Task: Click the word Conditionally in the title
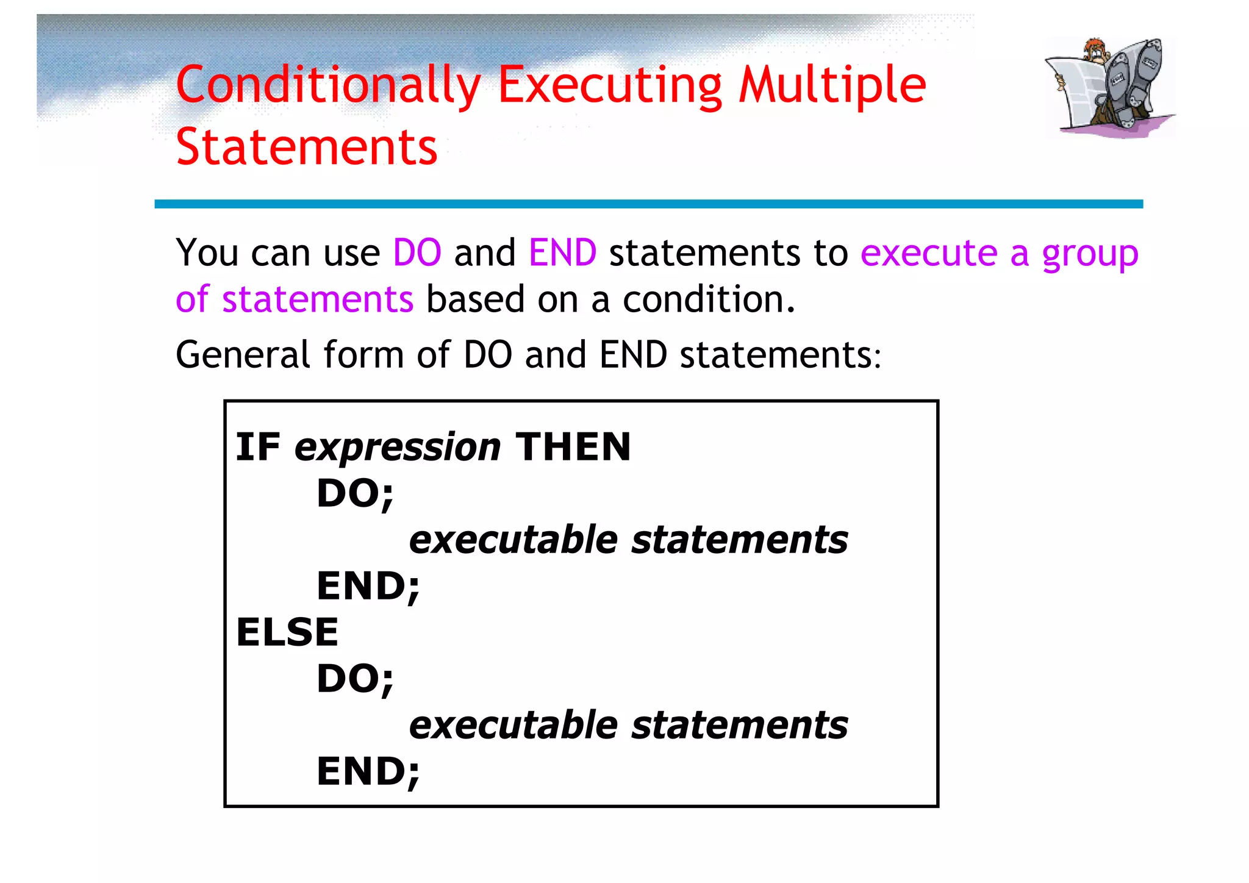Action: pyautogui.click(x=328, y=85)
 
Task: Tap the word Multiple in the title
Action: pyautogui.click(x=832, y=85)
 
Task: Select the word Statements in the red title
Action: pyautogui.click(x=306, y=148)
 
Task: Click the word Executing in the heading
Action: pyautogui.click(x=610, y=85)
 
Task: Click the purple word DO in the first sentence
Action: pyautogui.click(x=417, y=252)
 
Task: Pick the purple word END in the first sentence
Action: pyautogui.click(x=562, y=252)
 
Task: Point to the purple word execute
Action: pyautogui.click(x=928, y=252)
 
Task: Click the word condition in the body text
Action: pyautogui.click(x=707, y=299)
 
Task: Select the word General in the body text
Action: pyautogui.click(x=243, y=354)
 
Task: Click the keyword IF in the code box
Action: pyautogui.click(x=257, y=447)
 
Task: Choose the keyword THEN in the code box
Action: pyautogui.click(x=573, y=447)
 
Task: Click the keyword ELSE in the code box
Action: pyautogui.click(x=287, y=632)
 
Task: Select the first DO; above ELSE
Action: pyautogui.click(x=355, y=493)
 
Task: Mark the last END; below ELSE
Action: pyautogui.click(x=368, y=771)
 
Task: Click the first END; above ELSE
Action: pyautogui.click(x=368, y=586)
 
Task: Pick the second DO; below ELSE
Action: pyautogui.click(x=355, y=679)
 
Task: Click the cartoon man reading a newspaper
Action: pyautogui.click(x=1110, y=87)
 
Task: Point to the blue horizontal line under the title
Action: pyautogui.click(x=648, y=204)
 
